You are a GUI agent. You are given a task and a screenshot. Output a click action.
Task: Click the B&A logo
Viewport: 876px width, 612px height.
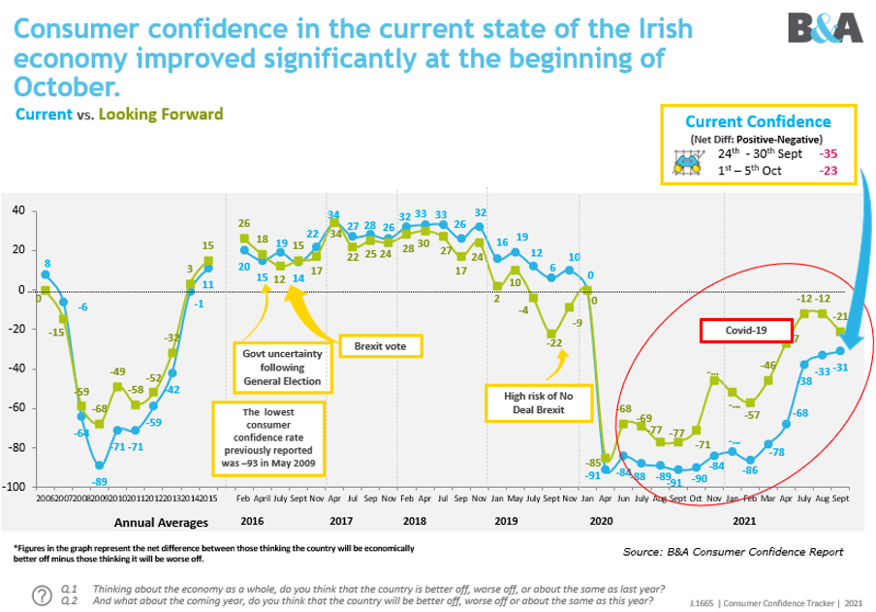[x=824, y=27]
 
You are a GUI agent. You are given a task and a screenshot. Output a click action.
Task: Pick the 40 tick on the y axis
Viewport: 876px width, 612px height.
[x=17, y=210]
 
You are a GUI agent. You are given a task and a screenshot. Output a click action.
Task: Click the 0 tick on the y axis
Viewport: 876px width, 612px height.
[x=20, y=290]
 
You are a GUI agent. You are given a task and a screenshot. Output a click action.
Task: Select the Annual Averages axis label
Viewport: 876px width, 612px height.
[x=160, y=523]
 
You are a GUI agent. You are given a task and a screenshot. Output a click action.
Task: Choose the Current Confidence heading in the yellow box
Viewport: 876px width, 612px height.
[x=758, y=121]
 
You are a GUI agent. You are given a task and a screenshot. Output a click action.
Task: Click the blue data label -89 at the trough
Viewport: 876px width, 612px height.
[x=99, y=481]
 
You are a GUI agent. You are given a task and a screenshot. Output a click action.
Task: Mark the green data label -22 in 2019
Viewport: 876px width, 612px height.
[x=553, y=342]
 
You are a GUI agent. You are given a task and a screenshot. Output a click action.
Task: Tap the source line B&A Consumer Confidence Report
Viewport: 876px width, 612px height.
[x=733, y=552]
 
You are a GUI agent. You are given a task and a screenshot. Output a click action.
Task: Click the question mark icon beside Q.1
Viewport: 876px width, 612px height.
[x=42, y=595]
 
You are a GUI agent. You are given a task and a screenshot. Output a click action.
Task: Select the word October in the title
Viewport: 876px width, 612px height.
[x=68, y=86]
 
